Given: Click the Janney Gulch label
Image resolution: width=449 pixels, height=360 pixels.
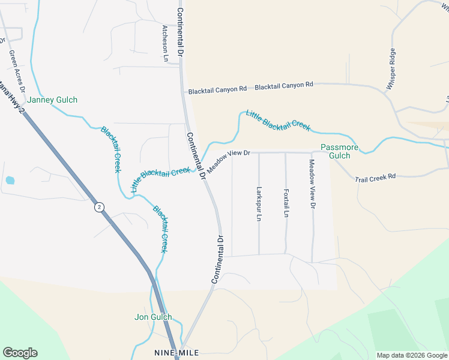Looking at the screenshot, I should coord(52,100).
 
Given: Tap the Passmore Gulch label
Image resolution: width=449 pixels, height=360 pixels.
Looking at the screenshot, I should coord(336,151).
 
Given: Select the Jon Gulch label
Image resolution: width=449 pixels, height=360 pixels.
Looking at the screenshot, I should coord(153,317).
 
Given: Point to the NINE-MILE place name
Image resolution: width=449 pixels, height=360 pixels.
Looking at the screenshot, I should coord(176,352).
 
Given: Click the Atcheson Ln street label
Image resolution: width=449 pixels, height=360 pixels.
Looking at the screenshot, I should coord(165,44).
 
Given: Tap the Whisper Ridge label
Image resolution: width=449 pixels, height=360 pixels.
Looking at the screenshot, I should coord(391,69).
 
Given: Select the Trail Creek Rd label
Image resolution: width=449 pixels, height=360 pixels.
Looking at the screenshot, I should coord(375,178).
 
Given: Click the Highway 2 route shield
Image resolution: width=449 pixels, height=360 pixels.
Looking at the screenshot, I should coord(99,207).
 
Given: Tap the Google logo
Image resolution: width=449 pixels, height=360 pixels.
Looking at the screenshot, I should coord(20,352).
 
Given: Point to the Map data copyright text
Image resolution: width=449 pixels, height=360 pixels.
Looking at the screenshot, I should coord(411,355).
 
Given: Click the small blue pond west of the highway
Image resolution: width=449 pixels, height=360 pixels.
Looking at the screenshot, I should coord(10,180).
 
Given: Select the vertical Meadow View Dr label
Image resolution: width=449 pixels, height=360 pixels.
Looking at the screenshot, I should coord(312,184).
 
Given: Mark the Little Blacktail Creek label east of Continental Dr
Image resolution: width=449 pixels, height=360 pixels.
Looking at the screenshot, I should coord(277,120).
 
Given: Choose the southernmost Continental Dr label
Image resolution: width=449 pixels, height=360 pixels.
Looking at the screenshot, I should coord(217,259).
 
